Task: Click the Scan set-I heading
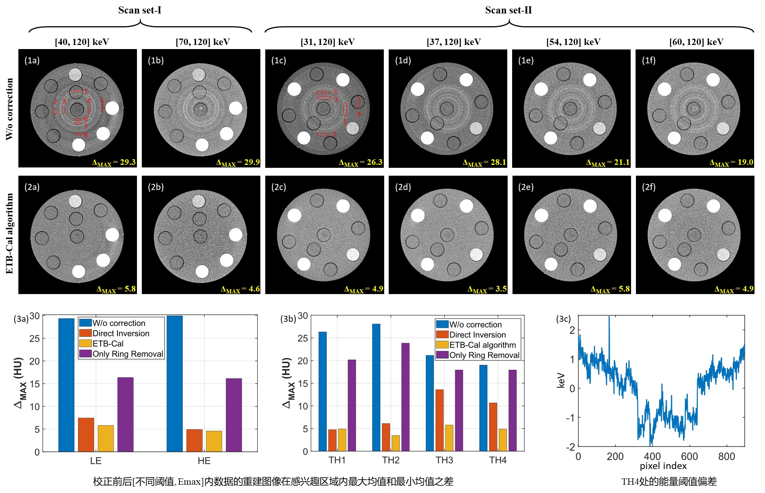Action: click(x=140, y=10)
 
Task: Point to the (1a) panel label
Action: click(x=32, y=60)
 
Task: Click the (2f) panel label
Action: click(x=649, y=187)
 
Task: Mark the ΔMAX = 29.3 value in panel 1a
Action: click(x=114, y=162)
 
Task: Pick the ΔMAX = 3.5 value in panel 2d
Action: click(x=487, y=289)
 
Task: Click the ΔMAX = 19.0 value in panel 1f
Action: click(x=731, y=162)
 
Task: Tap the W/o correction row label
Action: click(x=9, y=109)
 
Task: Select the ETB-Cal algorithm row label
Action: click(x=9, y=233)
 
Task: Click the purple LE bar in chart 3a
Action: click(x=125, y=414)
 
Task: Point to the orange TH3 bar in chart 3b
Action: click(x=439, y=420)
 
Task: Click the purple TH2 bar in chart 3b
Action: click(x=405, y=397)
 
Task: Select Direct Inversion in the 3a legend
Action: click(x=120, y=333)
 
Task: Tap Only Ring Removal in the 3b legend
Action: click(x=484, y=355)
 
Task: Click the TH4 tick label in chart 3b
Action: click(x=497, y=460)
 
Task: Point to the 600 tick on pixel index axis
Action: click(x=689, y=456)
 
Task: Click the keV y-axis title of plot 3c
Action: click(x=561, y=380)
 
